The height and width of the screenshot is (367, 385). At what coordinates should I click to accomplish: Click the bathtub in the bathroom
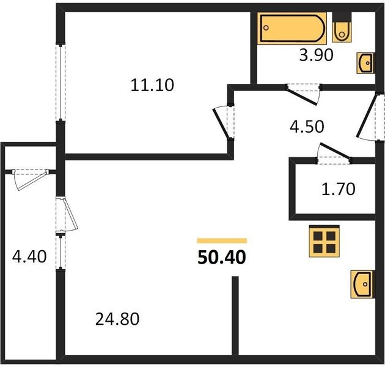coord(292,28)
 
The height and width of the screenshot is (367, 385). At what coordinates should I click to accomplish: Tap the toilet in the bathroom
coord(342,27)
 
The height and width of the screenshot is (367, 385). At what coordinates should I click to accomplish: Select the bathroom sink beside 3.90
coord(365,63)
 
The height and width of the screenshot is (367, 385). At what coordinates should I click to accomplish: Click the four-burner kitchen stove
coord(324,241)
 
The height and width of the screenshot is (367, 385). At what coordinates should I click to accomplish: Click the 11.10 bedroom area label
coord(152,85)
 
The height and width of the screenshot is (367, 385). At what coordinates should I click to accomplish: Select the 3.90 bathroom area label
coord(317,55)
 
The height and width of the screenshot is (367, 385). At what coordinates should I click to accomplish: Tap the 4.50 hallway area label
coord(307,127)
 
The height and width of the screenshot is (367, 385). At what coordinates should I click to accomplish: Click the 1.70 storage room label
coord(339,189)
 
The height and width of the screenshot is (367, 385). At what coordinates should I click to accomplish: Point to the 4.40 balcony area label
coord(29,257)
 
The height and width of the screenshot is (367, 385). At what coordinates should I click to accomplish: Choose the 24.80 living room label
coord(117,319)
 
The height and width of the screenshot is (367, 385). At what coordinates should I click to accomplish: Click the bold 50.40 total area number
coord(222,258)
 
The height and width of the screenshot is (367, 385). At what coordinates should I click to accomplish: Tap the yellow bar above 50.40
coord(222,240)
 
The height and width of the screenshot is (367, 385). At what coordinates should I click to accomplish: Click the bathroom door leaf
coord(302,97)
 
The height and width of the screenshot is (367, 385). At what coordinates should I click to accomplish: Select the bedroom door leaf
coord(221,124)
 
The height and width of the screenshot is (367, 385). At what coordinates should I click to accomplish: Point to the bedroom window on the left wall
coord(61,83)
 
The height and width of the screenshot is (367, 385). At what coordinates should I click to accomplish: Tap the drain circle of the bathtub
coord(267,28)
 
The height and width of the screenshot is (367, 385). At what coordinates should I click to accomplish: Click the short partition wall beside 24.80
coord(235,316)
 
